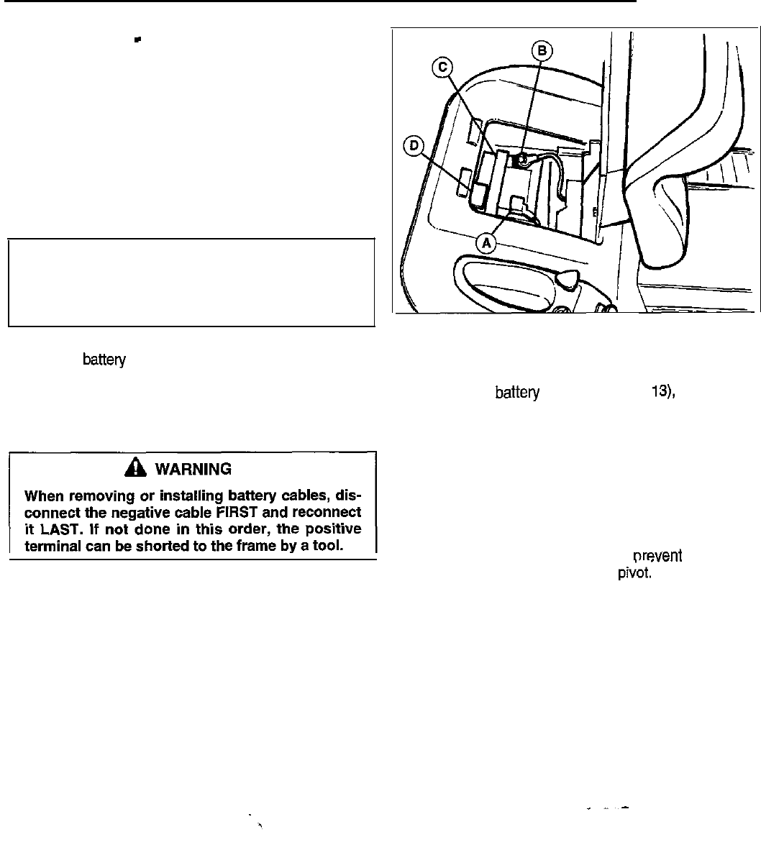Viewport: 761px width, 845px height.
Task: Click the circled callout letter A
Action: click(x=487, y=243)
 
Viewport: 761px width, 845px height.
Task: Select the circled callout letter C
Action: click(x=441, y=67)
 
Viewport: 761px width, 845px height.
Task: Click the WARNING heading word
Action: click(x=204, y=470)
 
